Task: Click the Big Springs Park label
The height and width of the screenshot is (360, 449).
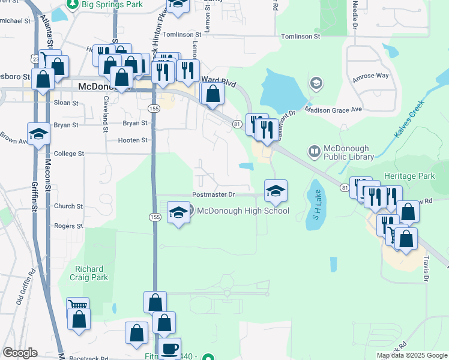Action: coord(112,5)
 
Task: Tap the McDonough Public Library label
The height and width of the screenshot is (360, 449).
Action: coord(348,153)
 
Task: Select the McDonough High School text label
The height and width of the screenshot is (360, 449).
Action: coord(243,211)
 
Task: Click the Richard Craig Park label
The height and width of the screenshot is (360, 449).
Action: coord(91,273)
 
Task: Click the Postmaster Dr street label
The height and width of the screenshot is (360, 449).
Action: coord(213,195)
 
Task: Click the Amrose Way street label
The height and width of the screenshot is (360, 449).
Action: coord(371,76)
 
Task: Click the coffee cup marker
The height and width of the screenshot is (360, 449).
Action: coord(170,348)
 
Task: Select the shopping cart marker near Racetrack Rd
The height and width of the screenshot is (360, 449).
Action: coord(77,307)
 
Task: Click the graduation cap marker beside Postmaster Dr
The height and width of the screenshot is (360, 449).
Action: coord(276,190)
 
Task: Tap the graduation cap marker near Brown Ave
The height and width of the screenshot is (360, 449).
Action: coord(38,134)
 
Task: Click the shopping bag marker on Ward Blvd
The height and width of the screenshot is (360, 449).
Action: coord(212,93)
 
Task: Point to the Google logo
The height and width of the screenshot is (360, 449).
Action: coord(20,353)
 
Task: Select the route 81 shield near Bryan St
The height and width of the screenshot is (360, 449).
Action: coord(237,123)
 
